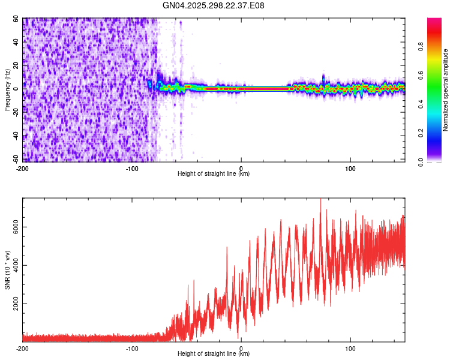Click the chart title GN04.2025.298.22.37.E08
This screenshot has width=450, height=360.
pyautogui.click(x=214, y=5)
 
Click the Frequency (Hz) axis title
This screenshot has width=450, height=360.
pyautogui.click(x=8, y=90)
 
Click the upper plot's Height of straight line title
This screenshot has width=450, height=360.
pyautogui.click(x=214, y=173)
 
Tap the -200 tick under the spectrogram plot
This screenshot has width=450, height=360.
pyautogui.click(x=23, y=168)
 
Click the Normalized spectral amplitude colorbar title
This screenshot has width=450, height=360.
pyautogui.click(x=446, y=90)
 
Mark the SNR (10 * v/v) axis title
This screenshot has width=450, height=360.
pyautogui.click(x=8, y=270)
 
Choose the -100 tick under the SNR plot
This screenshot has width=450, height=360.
pyautogui.click(x=132, y=348)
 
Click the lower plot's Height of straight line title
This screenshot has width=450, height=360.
pyautogui.click(x=214, y=353)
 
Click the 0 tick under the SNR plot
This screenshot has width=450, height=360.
pyautogui.click(x=241, y=348)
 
